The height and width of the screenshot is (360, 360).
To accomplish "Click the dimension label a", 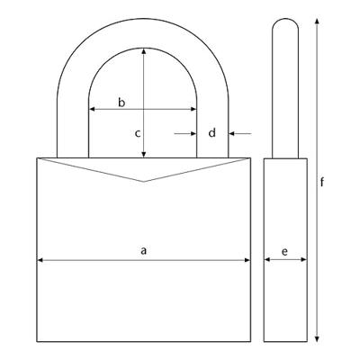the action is (x=144, y=250).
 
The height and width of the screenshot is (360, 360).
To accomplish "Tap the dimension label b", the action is (x=121, y=103).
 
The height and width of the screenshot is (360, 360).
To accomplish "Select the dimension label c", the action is (x=138, y=133).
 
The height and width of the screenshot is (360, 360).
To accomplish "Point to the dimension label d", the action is (x=212, y=132).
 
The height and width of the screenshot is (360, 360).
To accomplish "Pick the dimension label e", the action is (x=284, y=251).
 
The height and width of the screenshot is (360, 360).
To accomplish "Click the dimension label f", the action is (x=322, y=182).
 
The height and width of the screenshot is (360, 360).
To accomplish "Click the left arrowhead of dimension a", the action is (x=40, y=260).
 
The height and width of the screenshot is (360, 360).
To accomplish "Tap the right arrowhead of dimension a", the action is (x=247, y=260).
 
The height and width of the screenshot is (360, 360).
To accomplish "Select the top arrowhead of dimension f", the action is (x=317, y=22).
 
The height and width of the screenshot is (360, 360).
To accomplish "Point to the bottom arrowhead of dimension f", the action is (x=317, y=338).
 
